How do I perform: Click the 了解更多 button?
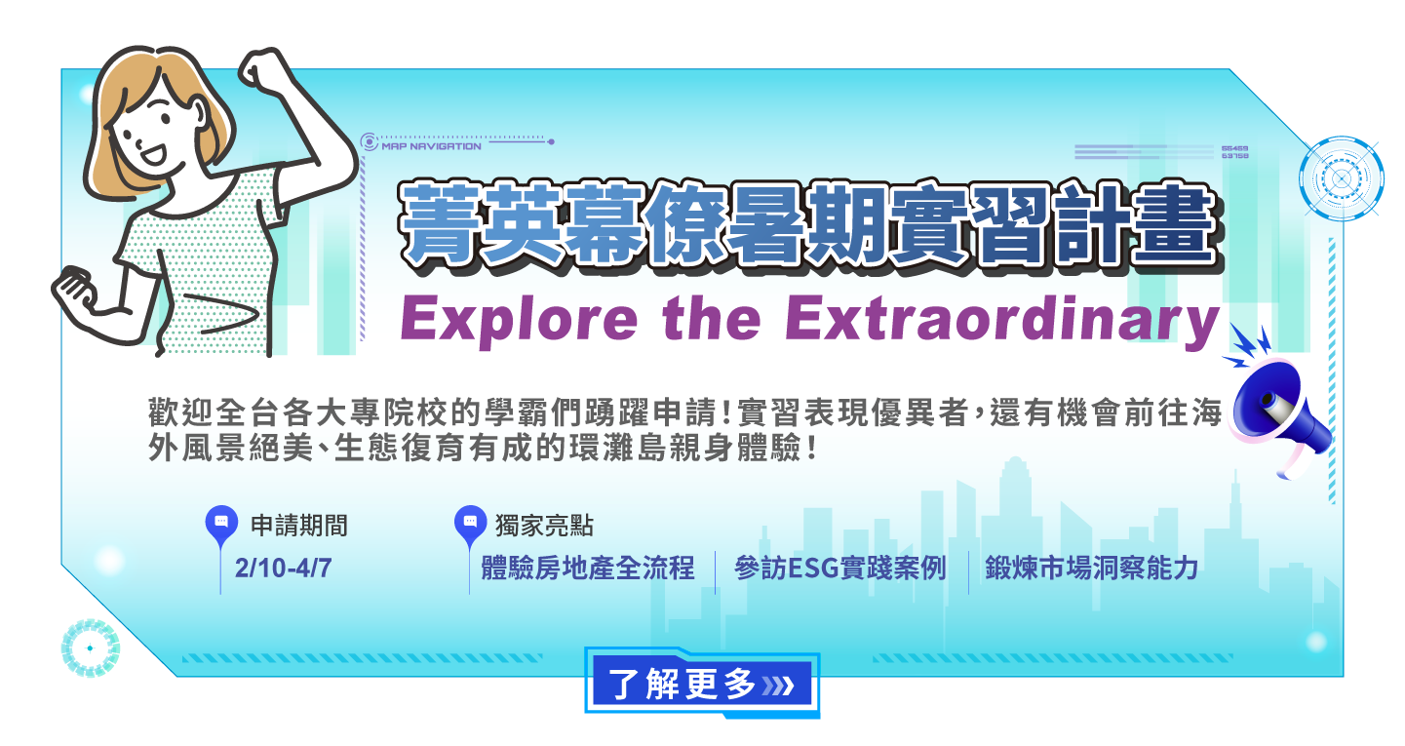pos(702,684)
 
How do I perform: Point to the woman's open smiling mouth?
pos(153,154)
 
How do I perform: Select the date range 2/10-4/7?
pos(283,568)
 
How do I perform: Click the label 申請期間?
pos(298,526)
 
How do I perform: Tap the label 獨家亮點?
pos(544,526)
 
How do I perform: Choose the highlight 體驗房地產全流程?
pos(588,568)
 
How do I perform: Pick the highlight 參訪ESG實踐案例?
pos(839,568)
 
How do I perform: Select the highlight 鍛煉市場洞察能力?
pos(1091,568)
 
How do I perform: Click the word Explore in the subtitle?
pos(519,320)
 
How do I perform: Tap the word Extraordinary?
pos(1002,320)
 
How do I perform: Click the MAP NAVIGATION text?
pos(432,146)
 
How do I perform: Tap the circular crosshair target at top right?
pos(1341,178)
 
